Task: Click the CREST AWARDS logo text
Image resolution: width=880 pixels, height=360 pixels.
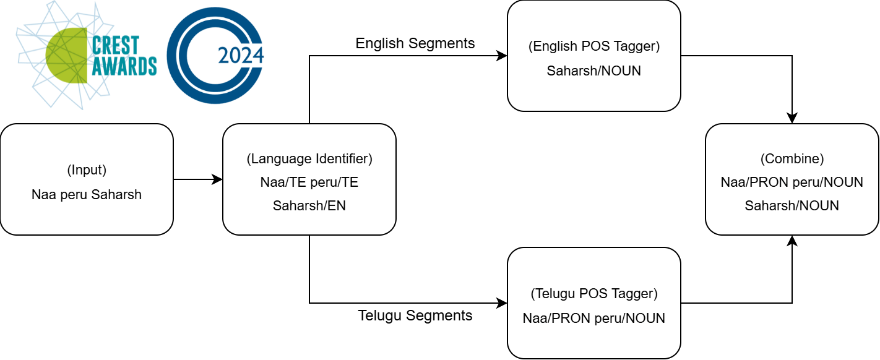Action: point(124,56)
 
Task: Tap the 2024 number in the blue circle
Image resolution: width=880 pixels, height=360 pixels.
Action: point(241,56)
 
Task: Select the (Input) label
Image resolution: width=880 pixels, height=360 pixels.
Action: point(87,169)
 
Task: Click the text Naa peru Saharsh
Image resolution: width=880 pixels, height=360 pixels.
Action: point(87,194)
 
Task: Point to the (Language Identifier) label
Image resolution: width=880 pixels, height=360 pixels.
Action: point(309,159)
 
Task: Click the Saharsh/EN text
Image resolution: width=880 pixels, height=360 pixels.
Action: point(309,206)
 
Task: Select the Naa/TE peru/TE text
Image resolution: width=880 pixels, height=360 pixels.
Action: point(309,182)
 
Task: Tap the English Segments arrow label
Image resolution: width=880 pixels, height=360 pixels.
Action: point(415,43)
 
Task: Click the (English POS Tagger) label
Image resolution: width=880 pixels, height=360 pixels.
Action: point(594,46)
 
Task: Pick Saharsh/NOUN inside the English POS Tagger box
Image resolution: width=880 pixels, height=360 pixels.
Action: point(594,71)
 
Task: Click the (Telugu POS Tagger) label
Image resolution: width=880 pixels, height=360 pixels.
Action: point(594,294)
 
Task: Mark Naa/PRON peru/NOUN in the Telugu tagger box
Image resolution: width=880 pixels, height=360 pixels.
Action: point(594,318)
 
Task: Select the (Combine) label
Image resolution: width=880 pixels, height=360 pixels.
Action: point(792,159)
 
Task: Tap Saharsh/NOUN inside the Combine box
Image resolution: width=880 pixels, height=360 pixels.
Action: point(792,206)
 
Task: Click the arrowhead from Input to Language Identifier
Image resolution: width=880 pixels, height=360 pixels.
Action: point(217,179)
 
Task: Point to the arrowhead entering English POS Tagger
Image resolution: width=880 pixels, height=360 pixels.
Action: point(502,56)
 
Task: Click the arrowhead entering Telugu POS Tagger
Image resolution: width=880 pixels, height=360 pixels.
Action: point(502,303)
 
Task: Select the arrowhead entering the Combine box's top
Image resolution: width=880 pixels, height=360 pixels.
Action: point(792,118)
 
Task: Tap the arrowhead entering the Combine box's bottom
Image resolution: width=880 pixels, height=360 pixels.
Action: point(792,241)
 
